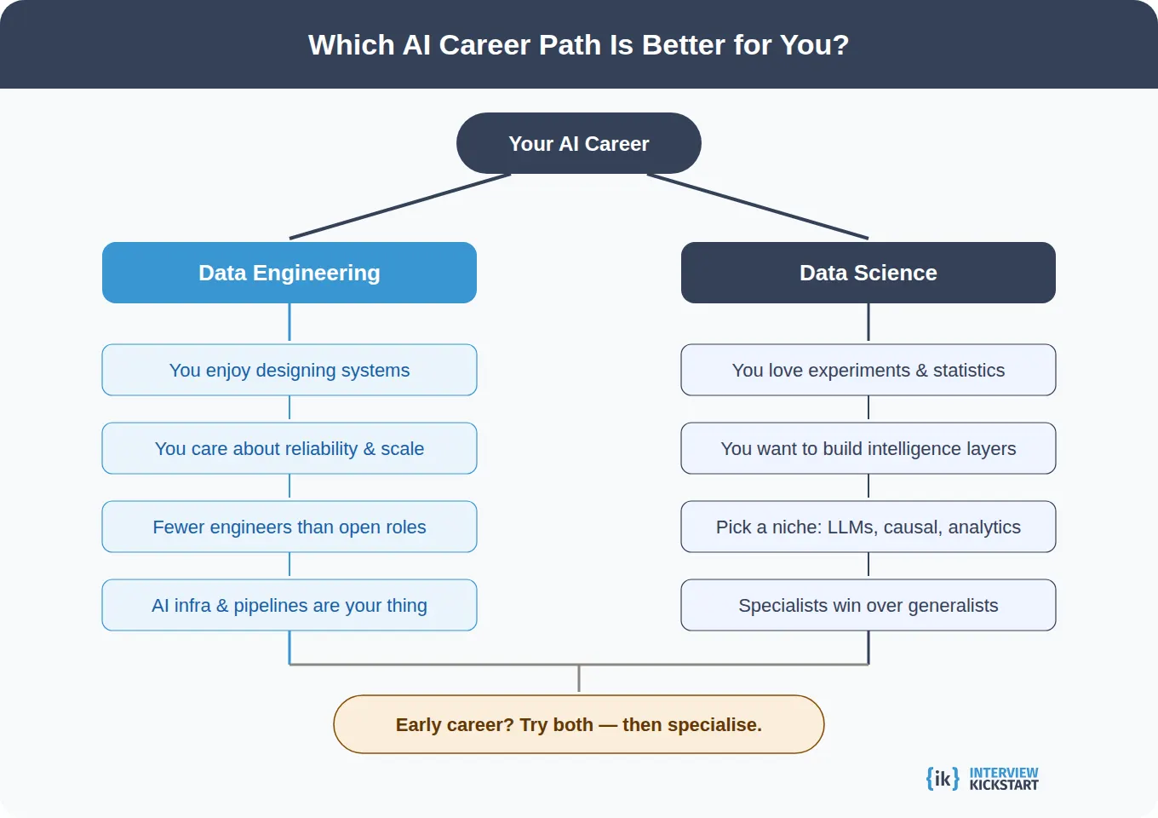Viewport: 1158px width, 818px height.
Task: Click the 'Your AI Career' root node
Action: point(579,143)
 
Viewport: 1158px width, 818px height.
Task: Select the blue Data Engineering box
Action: point(289,273)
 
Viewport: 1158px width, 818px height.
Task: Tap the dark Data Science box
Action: point(868,273)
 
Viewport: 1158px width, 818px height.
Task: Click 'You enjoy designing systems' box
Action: point(289,370)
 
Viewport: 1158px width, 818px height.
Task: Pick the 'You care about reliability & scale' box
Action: point(289,448)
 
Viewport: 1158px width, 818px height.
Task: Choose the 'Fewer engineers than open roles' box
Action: point(289,527)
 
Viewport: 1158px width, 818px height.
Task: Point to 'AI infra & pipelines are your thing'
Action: point(289,605)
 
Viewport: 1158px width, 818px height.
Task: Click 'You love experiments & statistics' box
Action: point(868,370)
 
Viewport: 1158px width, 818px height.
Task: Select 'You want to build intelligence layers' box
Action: point(868,448)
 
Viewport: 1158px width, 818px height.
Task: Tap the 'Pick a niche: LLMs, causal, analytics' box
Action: point(868,527)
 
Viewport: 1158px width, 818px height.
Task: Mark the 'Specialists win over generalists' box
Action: point(868,605)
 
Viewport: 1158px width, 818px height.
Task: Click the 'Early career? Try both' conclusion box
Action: point(579,724)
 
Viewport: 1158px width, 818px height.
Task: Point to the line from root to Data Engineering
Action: point(400,206)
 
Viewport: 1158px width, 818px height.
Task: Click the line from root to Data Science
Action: point(758,206)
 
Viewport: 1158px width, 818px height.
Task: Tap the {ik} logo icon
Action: point(943,778)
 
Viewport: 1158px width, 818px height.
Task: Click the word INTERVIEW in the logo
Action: point(1004,772)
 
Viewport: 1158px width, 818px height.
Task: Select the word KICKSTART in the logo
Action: point(1004,785)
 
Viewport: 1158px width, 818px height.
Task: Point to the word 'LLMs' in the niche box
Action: point(851,527)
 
